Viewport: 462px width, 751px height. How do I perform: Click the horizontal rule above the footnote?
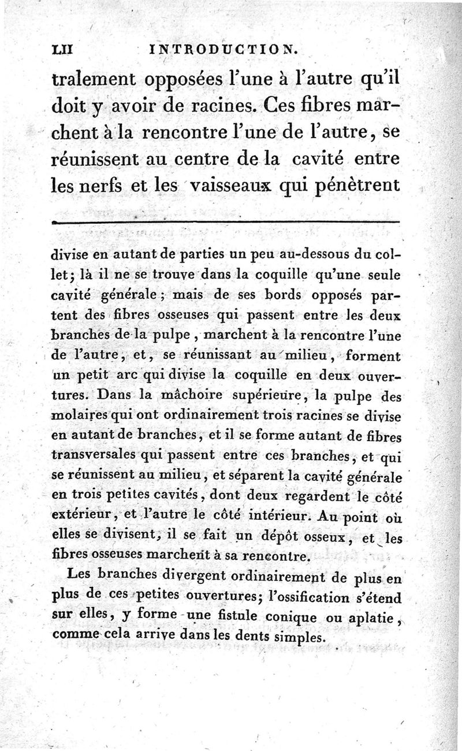(225, 221)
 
